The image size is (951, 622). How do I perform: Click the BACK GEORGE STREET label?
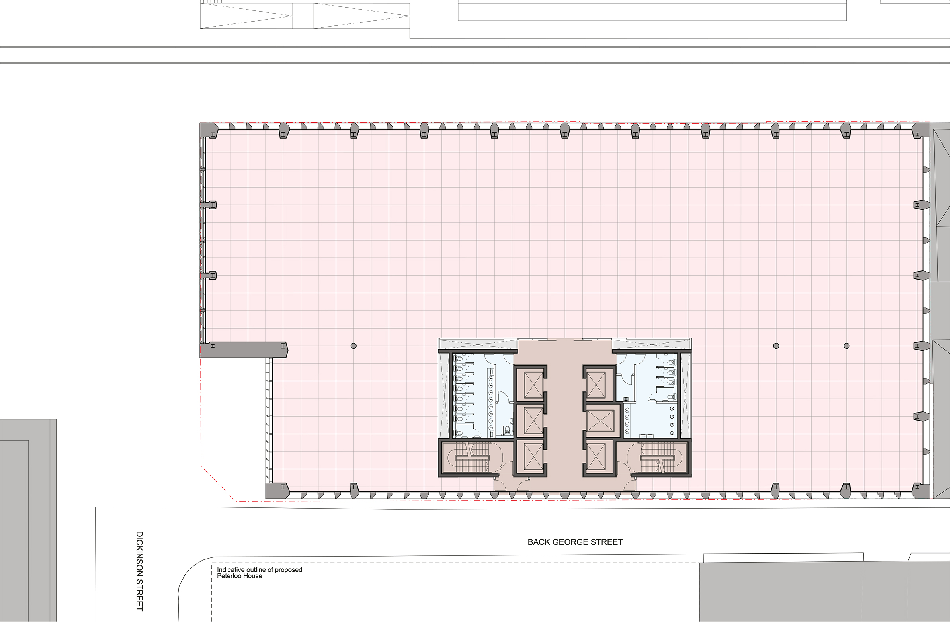[575, 542]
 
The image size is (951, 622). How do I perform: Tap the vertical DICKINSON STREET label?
[139, 571]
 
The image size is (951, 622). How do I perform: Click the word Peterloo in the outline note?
[229, 576]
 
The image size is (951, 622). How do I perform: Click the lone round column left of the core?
[353, 346]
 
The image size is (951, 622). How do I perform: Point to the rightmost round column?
[846, 346]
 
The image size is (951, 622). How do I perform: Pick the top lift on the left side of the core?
[533, 385]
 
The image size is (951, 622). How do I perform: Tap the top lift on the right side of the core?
[596, 385]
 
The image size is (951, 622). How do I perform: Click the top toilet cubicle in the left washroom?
[463, 359]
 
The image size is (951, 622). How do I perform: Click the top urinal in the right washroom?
[672, 409]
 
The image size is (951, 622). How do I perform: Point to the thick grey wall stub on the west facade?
[244, 349]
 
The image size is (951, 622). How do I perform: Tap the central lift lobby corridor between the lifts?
[564, 416]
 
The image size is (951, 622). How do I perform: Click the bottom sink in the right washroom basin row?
[627, 431]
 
